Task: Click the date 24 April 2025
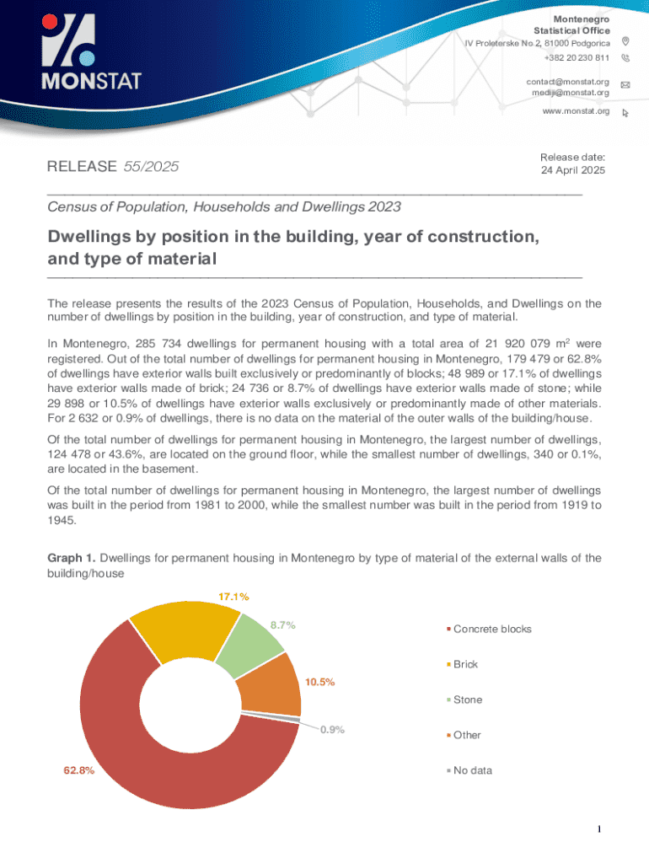[572, 169]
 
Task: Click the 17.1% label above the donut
[233, 597]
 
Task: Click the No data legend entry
[472, 770]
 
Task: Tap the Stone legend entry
[468, 700]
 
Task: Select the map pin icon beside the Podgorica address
[625, 42]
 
